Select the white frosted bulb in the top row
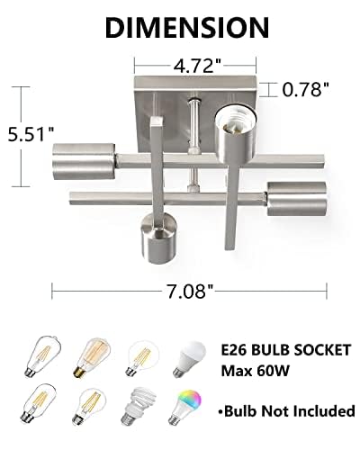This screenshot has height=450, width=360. (x=193, y=352)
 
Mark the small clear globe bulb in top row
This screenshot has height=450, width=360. (x=144, y=351)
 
